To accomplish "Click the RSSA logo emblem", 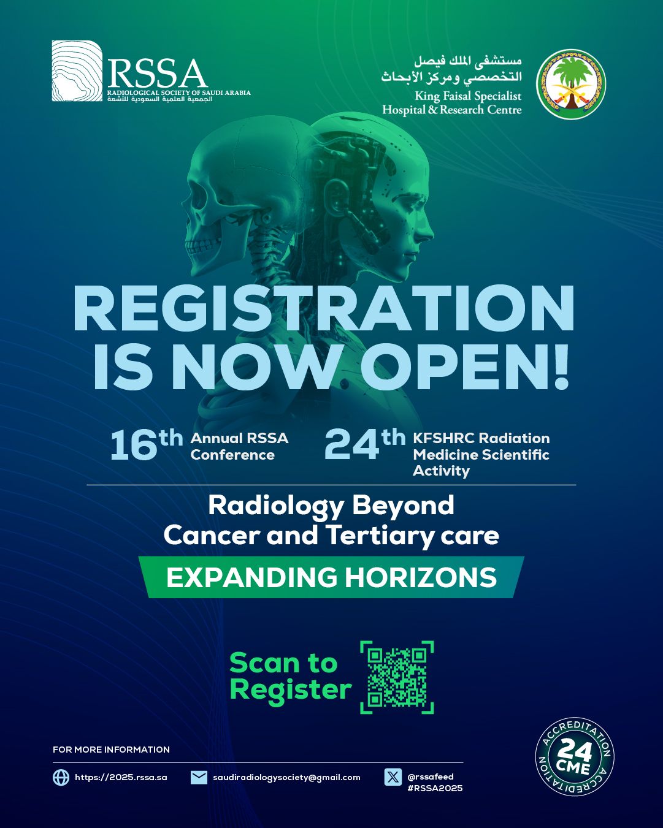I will click(x=77, y=70).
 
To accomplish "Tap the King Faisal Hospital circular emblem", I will click(x=571, y=85).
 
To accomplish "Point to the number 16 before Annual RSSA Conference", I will click(x=134, y=445).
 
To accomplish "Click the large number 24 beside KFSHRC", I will click(x=351, y=445).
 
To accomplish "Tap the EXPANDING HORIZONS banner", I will click(x=331, y=577).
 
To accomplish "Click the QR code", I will click(x=397, y=677).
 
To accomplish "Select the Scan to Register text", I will click(x=289, y=676).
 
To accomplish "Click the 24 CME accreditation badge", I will click(x=574, y=757).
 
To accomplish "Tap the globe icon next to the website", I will click(x=61, y=777).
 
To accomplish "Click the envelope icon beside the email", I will click(x=199, y=777).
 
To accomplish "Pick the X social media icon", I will click(x=393, y=777).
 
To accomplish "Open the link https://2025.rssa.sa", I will click(x=121, y=777).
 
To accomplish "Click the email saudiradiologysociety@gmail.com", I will click(x=286, y=777).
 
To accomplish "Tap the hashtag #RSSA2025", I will click(x=435, y=788).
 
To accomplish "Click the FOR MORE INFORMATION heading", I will click(x=111, y=750).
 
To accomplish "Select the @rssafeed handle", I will click(x=431, y=777).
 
